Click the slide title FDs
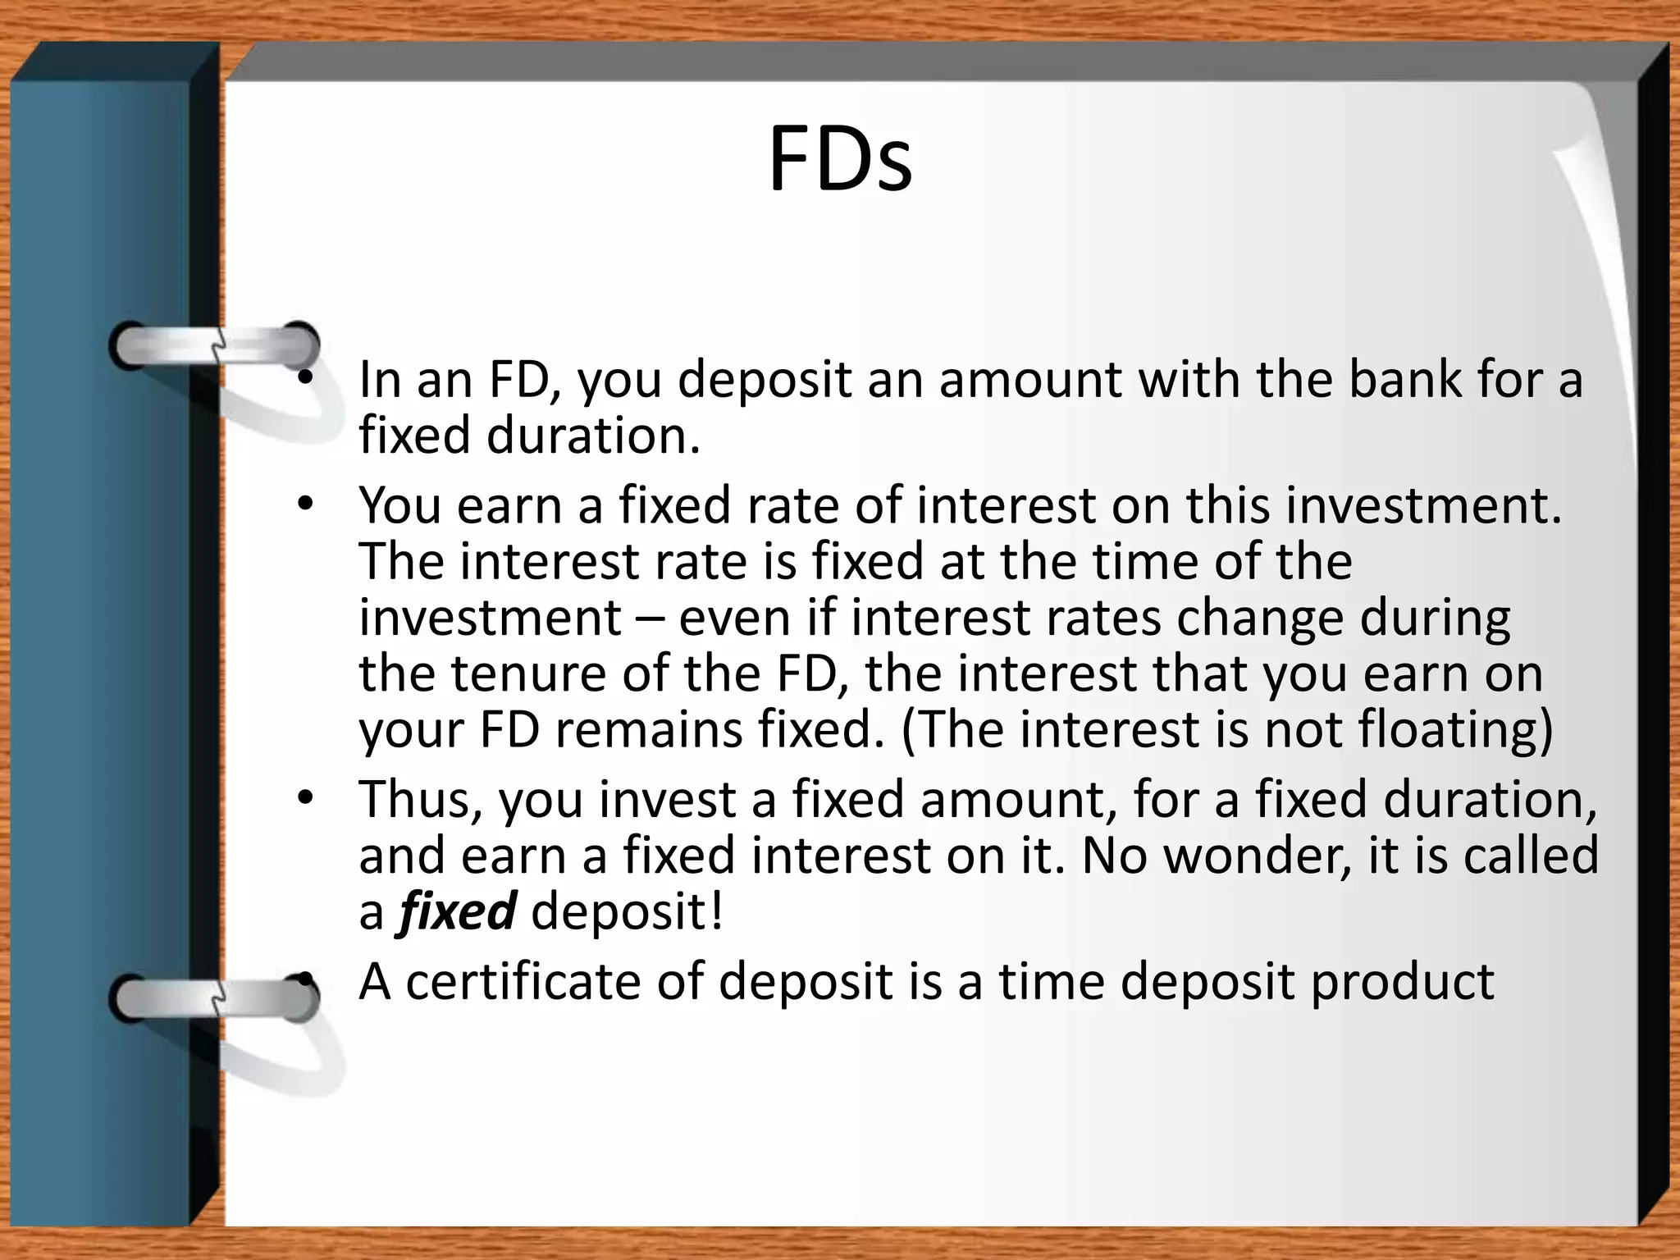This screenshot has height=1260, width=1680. click(839, 160)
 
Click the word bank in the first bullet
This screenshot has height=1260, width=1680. click(1405, 380)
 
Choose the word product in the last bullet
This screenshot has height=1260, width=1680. click(1402, 983)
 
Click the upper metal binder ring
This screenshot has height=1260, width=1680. click(215, 345)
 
